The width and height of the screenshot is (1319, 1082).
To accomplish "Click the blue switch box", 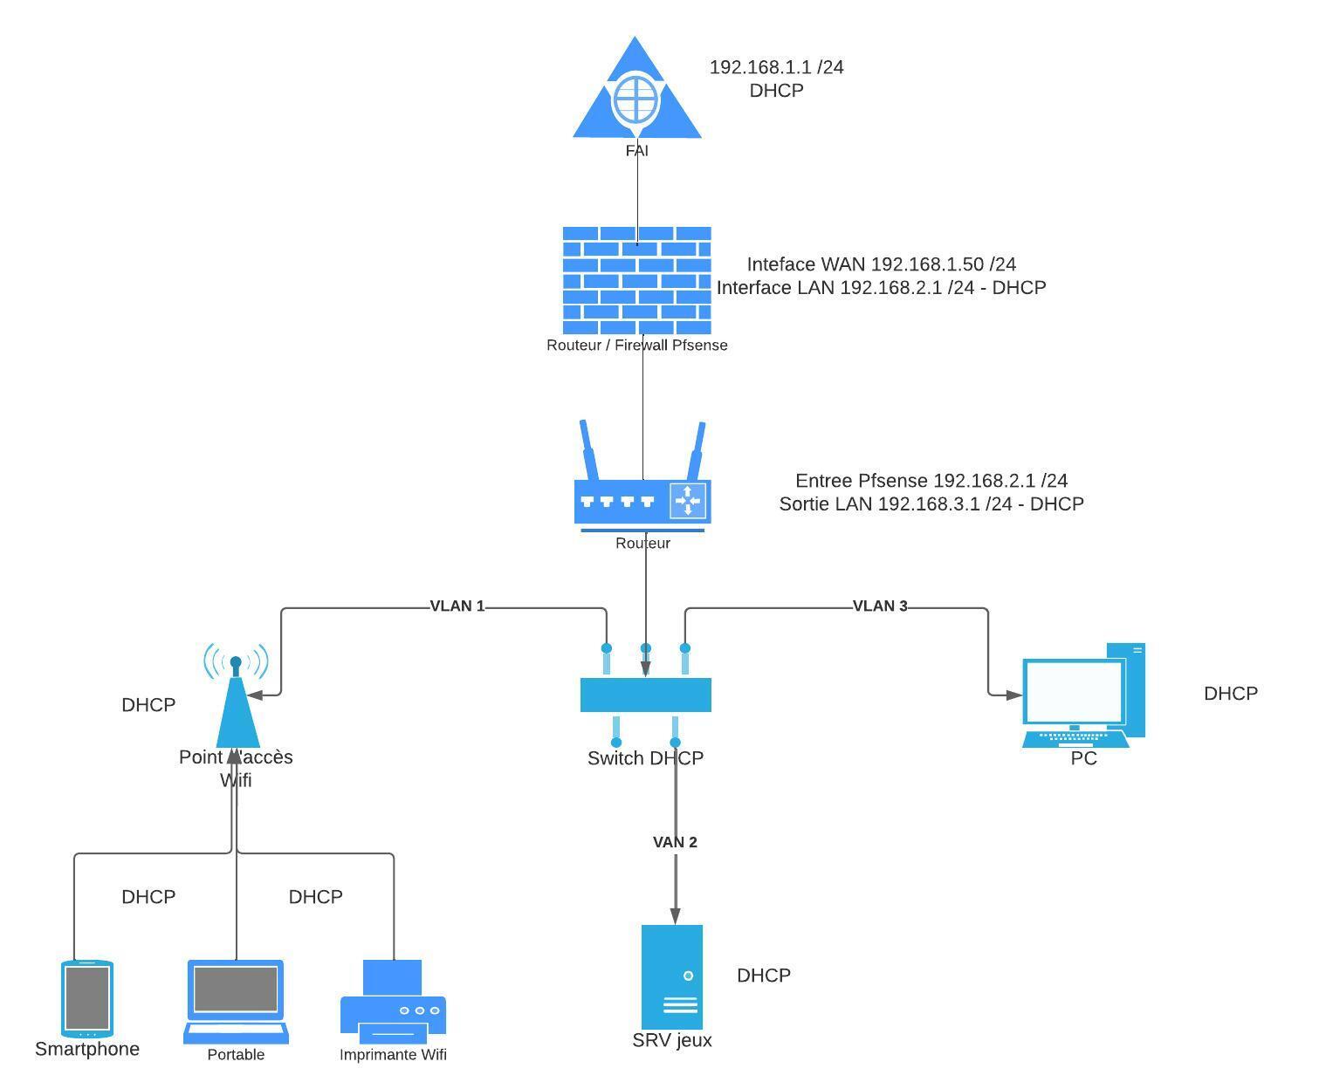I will coord(645,695).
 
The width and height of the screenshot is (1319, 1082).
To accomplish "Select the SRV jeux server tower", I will coord(671,977).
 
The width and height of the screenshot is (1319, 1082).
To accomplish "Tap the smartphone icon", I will coord(87,998).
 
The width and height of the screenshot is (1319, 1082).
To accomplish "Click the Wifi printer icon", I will coord(393,1002).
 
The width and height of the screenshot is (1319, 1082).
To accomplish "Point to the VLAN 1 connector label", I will coord(457,606).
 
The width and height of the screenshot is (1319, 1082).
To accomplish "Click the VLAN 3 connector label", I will coord(879,606).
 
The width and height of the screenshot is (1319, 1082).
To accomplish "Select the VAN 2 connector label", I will coord(675,842).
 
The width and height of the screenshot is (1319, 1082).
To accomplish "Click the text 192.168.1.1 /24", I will coord(776,67).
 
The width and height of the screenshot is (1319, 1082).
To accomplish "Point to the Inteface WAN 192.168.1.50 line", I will coord(881,264).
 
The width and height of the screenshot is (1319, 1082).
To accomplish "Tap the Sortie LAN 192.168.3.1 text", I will coord(931,504).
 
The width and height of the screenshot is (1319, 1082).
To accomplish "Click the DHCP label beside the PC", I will coord(1230,694).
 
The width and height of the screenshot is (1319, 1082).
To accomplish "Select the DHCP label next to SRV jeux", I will coord(763,976).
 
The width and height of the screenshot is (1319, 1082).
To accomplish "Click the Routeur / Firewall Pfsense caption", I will coord(636,345).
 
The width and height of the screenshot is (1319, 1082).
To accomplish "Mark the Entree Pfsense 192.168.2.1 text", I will coord(931,481).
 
